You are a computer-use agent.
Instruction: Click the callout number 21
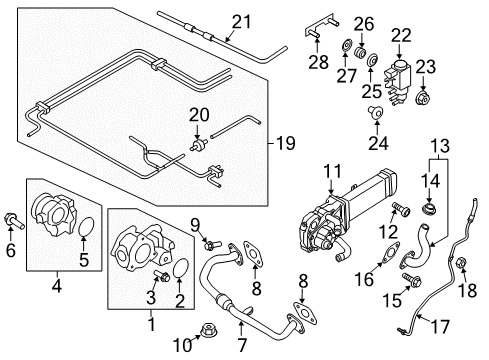[242, 23]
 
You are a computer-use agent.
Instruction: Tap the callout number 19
[286, 143]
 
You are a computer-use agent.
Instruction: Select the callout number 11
[333, 171]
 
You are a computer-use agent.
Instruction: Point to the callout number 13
[440, 146]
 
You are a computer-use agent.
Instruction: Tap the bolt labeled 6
[14, 221]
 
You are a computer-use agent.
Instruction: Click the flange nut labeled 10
[208, 330]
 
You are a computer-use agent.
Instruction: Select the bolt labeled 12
[401, 209]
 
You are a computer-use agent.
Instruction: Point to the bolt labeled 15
[412, 279]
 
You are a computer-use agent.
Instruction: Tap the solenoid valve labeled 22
[399, 81]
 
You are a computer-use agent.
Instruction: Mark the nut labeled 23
[423, 97]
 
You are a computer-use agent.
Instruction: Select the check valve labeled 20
[199, 144]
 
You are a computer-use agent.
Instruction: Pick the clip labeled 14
[429, 209]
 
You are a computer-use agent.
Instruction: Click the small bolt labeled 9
[212, 245]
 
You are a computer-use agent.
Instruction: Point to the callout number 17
[441, 326]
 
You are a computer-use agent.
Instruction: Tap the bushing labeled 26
[360, 52]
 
